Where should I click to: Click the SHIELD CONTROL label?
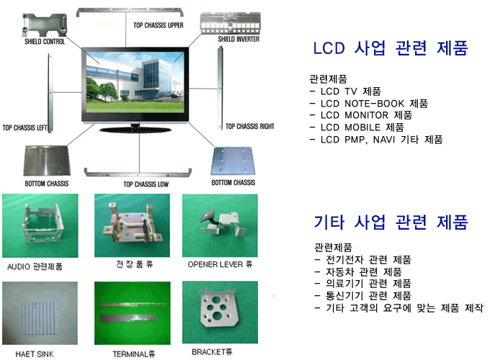pyautogui.click(x=45, y=42)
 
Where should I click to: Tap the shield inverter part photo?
pyautogui.click(x=231, y=24)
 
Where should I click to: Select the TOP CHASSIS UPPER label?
pyautogui.click(x=158, y=25)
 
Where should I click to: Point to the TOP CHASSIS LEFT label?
pyautogui.click(x=24, y=127)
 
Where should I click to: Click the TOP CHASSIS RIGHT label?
pyautogui.click(x=250, y=127)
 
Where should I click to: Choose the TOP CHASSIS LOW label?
pyautogui.click(x=146, y=184)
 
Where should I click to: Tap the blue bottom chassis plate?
pyautogui.click(x=233, y=161)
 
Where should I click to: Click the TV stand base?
pyautogui.click(x=135, y=130)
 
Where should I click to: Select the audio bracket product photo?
pyautogui.click(x=40, y=225)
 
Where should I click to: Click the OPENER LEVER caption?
pyautogui.click(x=220, y=264)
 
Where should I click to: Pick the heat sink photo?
pyautogui.click(x=40, y=313)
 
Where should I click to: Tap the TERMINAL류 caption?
pyautogui.click(x=134, y=354)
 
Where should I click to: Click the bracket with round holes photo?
pyautogui.click(x=220, y=312)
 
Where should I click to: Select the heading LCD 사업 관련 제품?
pyautogui.click(x=391, y=48)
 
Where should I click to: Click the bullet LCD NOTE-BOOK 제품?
pyautogui.click(x=369, y=104)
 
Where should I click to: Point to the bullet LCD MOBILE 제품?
pyautogui.click(x=357, y=127)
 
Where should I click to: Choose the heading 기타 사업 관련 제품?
pyautogui.click(x=391, y=222)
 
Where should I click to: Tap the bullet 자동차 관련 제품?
pyautogui.click(x=358, y=272)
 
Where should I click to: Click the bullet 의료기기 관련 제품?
pyautogui.click(x=362, y=284)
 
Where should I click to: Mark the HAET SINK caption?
pyautogui.click(x=35, y=354)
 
